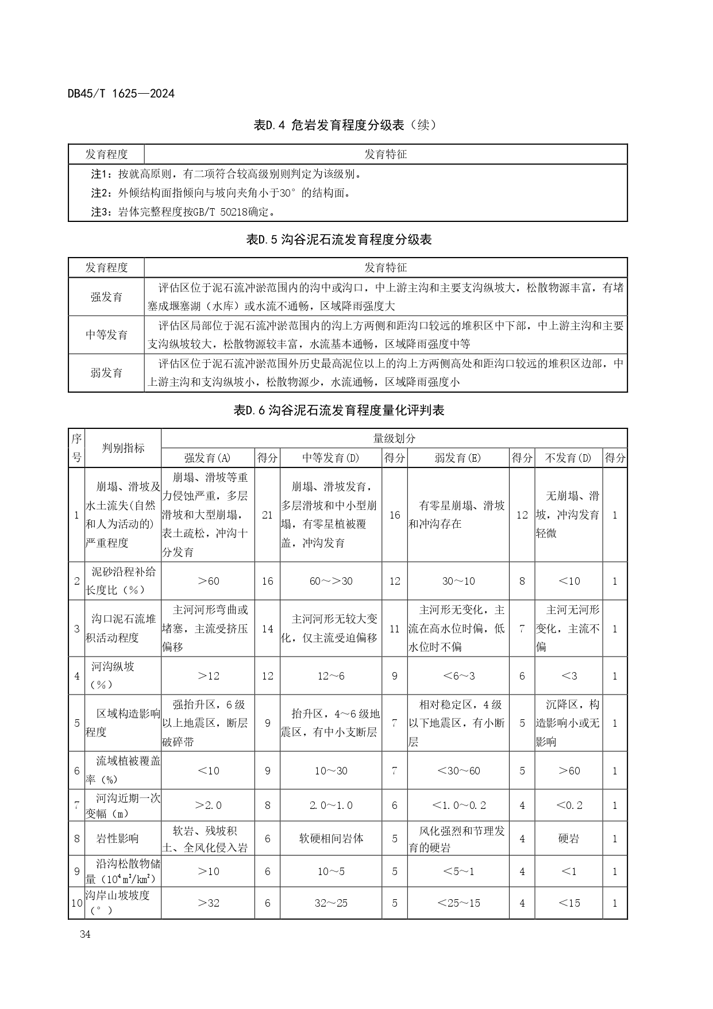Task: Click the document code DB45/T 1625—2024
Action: coord(121,94)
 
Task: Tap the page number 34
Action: coord(86,934)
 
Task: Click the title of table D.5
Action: coord(339,240)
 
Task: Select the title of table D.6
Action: coord(339,410)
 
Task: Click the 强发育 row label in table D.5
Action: coord(106,297)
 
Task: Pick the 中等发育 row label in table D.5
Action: coord(106,335)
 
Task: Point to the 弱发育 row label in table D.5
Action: coord(106,373)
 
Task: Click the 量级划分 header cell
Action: coord(394,438)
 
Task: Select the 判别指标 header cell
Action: coord(123,448)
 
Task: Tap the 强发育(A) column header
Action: coord(207,458)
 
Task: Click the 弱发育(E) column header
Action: coord(458,458)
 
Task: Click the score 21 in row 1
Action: coord(267,515)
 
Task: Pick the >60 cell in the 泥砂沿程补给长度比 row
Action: coord(207,581)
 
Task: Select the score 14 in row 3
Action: coord(267,628)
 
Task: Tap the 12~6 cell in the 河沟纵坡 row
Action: coord(331,676)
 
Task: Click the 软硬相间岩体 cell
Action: coord(331,838)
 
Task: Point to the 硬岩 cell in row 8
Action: coord(569,838)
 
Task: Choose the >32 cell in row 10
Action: coord(207,903)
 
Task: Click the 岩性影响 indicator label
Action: coord(117,838)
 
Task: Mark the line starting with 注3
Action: coord(184,212)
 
